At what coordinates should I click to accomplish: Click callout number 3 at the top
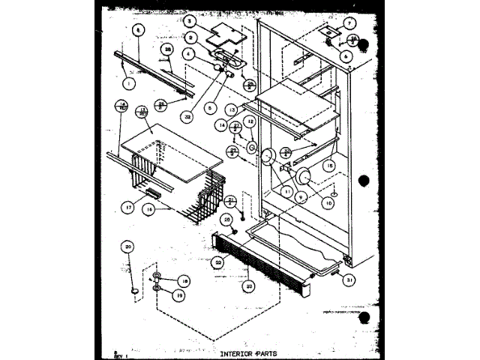click(x=190, y=22)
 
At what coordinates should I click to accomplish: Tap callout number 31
click(x=349, y=280)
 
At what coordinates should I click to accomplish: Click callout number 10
click(x=327, y=202)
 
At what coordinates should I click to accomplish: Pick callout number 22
click(x=217, y=262)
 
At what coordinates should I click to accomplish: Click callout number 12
click(x=250, y=121)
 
